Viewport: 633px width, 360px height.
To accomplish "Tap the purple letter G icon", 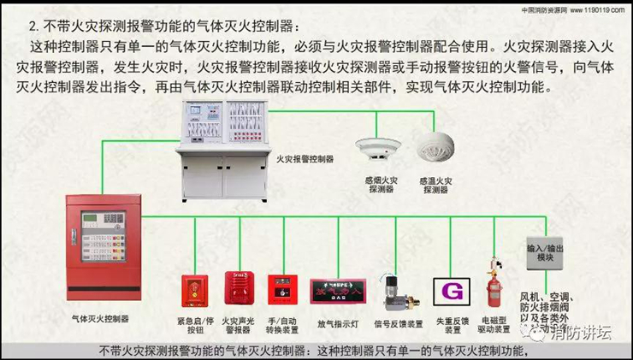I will (450, 290).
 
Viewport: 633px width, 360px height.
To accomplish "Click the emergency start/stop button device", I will (191, 290).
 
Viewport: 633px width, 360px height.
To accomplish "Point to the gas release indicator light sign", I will (342, 291).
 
